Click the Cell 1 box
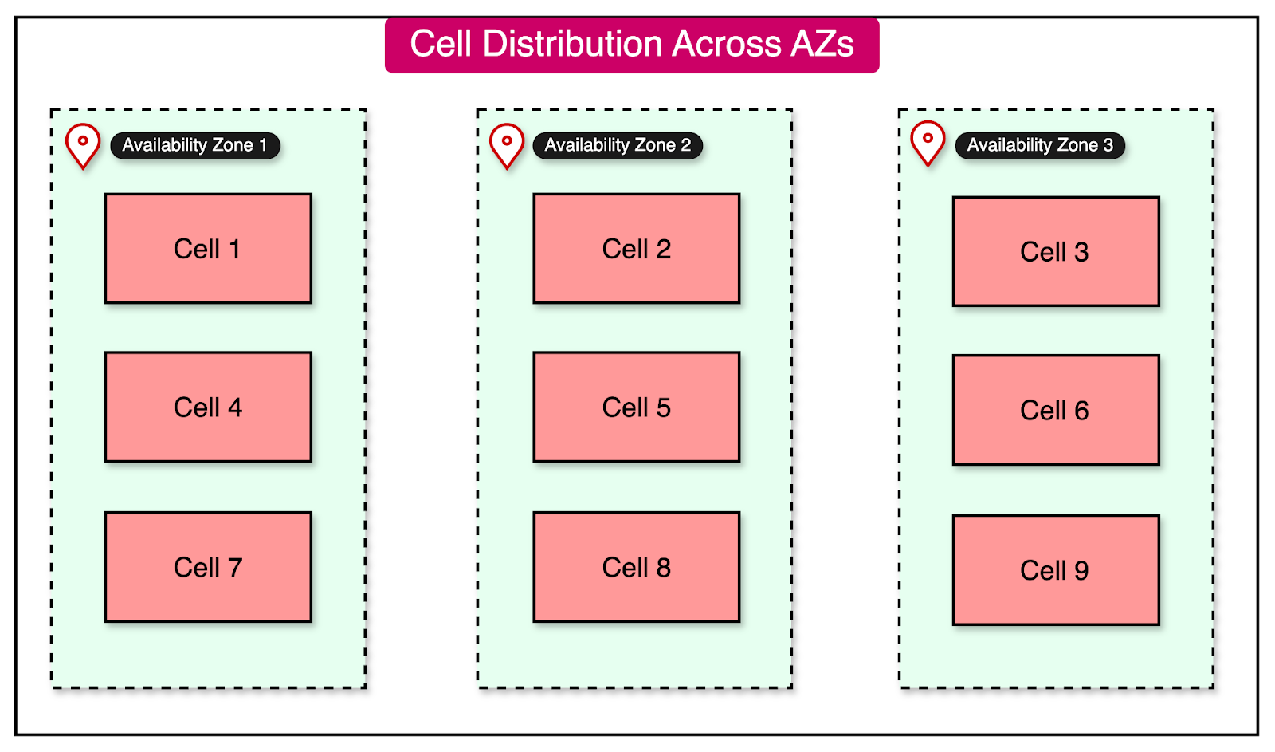click(208, 248)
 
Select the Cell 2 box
click(636, 248)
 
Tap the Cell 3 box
click(1055, 251)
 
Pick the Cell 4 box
click(208, 407)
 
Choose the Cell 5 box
click(636, 407)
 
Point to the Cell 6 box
click(1055, 410)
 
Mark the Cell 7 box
click(208, 567)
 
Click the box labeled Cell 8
click(636, 567)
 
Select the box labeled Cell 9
click(1055, 570)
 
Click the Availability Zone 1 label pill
click(194, 145)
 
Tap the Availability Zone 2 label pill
click(618, 145)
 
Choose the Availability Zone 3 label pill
click(1040, 145)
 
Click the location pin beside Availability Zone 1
click(83, 144)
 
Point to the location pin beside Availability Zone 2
click(507, 144)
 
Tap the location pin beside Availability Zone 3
click(928, 142)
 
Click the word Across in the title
click(726, 44)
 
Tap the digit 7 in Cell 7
click(234, 567)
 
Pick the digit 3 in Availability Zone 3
click(1108, 145)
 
